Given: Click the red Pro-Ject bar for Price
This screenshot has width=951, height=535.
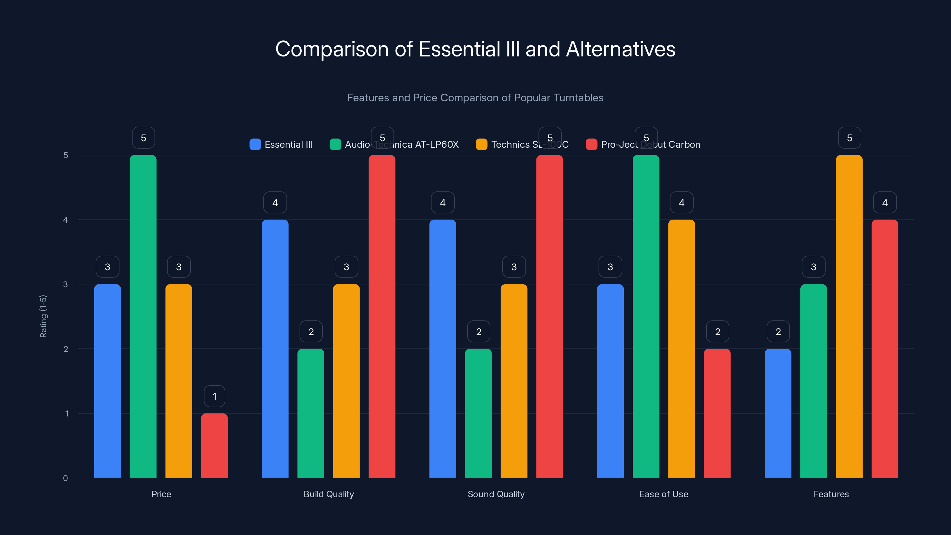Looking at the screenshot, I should [214, 445].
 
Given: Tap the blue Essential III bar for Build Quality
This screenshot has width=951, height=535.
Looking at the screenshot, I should [275, 349].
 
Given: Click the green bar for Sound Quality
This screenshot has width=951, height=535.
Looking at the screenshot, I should [478, 413].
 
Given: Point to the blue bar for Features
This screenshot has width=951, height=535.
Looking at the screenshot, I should [778, 413].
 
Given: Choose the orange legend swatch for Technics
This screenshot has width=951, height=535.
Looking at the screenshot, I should [481, 144].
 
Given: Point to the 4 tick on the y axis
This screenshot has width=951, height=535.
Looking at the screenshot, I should [66, 220].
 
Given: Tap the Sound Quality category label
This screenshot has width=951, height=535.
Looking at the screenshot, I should [496, 494].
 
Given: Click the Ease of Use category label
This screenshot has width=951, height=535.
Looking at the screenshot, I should [663, 494].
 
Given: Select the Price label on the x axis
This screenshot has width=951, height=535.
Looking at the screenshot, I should [161, 494].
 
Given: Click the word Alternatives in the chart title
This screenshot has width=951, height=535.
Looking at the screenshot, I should [620, 49].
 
